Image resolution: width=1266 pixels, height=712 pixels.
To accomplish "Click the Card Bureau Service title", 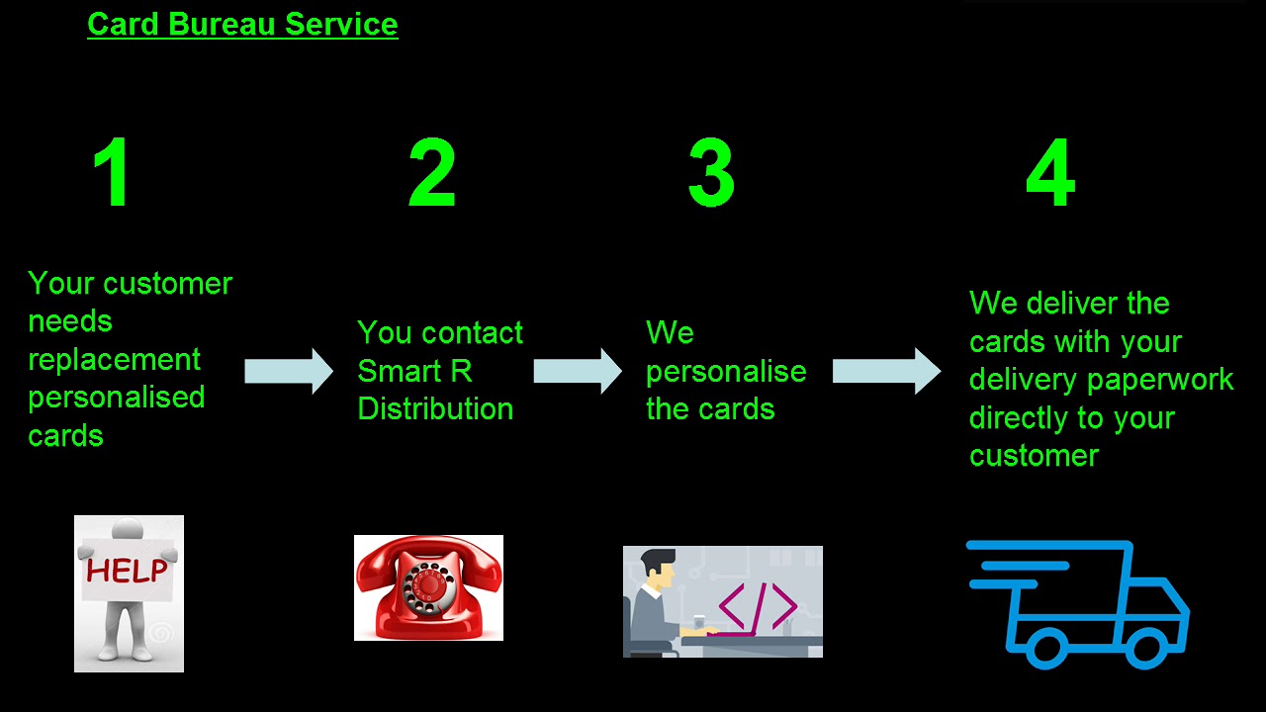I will pyautogui.click(x=242, y=24).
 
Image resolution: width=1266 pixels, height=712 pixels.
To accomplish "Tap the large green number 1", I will pyautogui.click(x=113, y=173).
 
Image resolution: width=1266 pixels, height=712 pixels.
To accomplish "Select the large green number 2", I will pyautogui.click(x=432, y=173).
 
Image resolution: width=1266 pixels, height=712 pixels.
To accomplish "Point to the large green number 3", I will pyautogui.click(x=711, y=173).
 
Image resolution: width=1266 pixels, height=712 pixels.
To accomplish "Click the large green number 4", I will pyautogui.click(x=1049, y=173).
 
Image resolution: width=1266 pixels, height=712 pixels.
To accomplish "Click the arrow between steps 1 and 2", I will pyautogui.click(x=289, y=371).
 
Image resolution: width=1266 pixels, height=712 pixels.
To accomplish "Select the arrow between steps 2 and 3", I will pyautogui.click(x=578, y=371).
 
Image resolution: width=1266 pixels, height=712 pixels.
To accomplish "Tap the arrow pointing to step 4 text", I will pyautogui.click(x=886, y=371).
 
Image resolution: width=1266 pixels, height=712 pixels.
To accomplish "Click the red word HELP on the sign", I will pyautogui.click(x=127, y=571).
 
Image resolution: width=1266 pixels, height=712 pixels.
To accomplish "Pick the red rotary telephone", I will pyautogui.click(x=428, y=588).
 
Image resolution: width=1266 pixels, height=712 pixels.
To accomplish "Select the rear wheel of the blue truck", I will pyautogui.click(x=1044, y=648).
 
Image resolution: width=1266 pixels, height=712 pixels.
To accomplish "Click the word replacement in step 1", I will pyautogui.click(x=114, y=359).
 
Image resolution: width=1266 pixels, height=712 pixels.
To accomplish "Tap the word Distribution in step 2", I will pyautogui.click(x=435, y=408).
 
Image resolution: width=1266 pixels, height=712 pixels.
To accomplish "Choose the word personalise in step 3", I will pyautogui.click(x=726, y=371).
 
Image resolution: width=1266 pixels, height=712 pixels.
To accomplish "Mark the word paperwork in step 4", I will pyautogui.click(x=1173, y=380).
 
